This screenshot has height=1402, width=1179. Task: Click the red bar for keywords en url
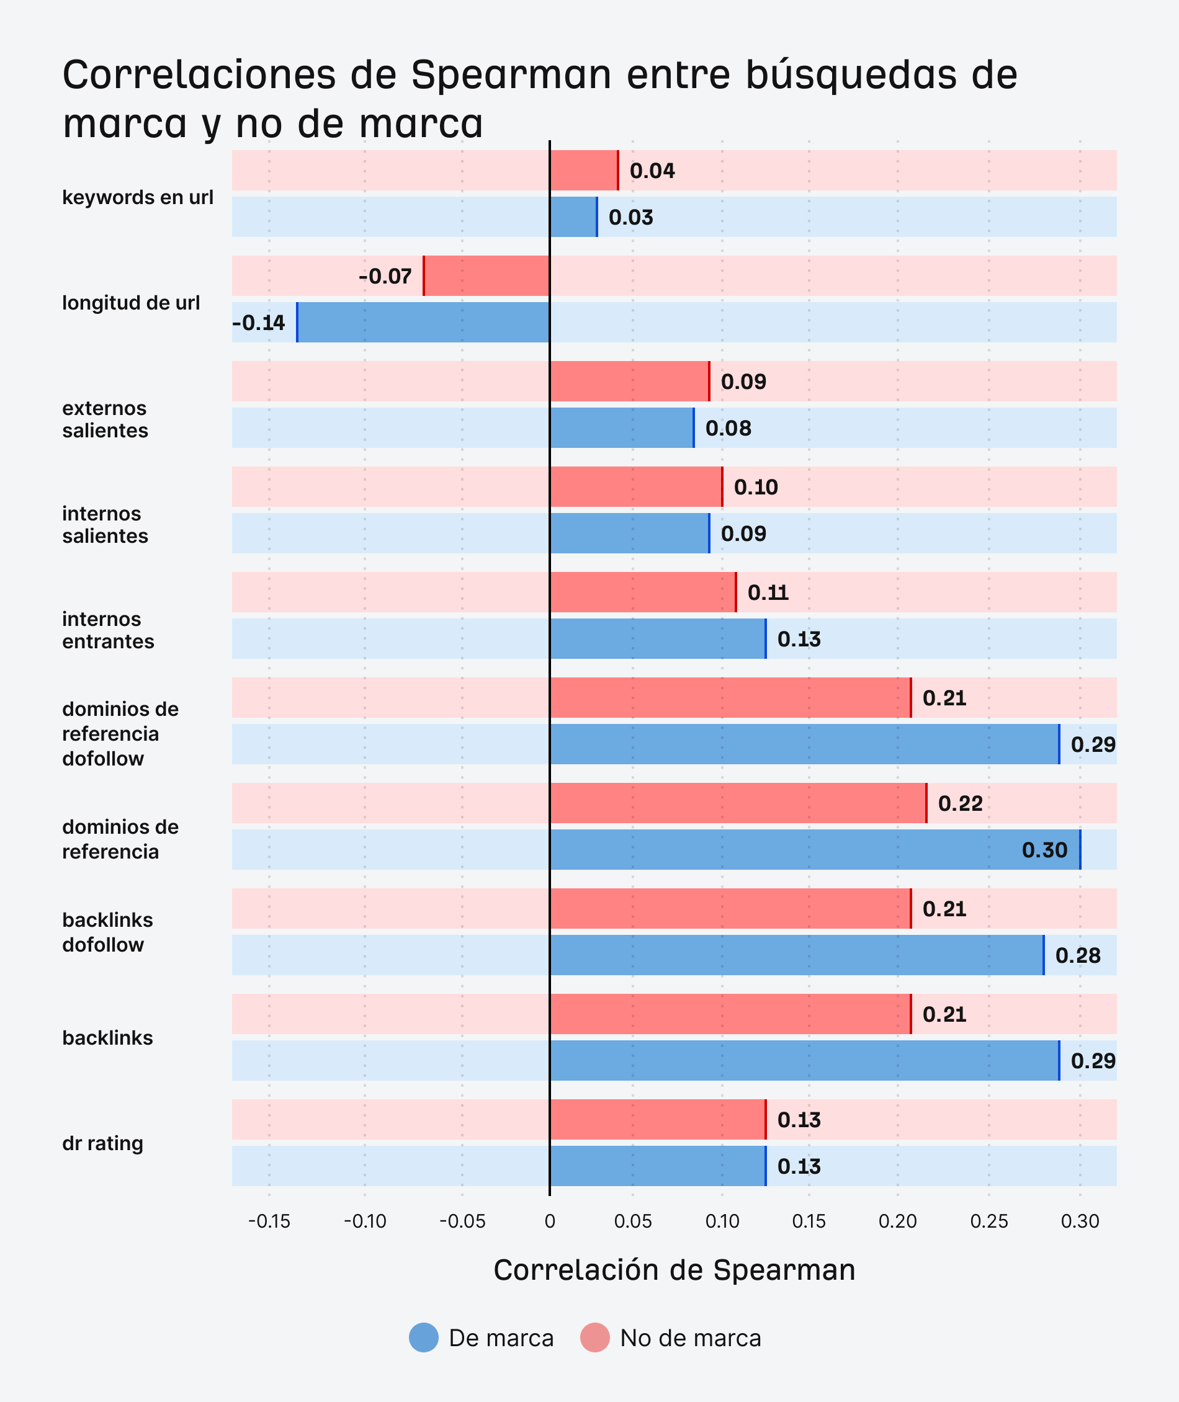[x=583, y=171]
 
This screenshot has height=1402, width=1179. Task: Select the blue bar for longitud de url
[x=423, y=322]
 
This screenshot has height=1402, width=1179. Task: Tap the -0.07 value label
[x=385, y=276]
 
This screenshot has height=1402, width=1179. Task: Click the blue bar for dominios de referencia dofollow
[x=804, y=744]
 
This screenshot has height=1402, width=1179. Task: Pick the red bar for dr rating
[x=658, y=1119]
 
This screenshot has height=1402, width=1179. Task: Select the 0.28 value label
[x=1077, y=955]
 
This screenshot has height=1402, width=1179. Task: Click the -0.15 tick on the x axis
[x=269, y=1221]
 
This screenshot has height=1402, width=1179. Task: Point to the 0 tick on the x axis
[x=549, y=1221]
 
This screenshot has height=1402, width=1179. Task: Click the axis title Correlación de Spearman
[x=674, y=1270]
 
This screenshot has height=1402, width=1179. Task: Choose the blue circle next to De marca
[x=424, y=1338]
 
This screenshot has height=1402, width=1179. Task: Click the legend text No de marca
[x=691, y=1339]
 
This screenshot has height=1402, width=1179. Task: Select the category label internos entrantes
[x=107, y=630]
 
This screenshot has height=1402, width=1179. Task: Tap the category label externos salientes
[x=105, y=419]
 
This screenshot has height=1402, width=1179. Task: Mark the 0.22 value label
[x=960, y=803]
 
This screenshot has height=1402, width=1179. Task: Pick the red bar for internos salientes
[x=635, y=486]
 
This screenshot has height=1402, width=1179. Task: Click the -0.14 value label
[x=259, y=323]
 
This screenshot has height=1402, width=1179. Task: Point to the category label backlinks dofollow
[x=107, y=932]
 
